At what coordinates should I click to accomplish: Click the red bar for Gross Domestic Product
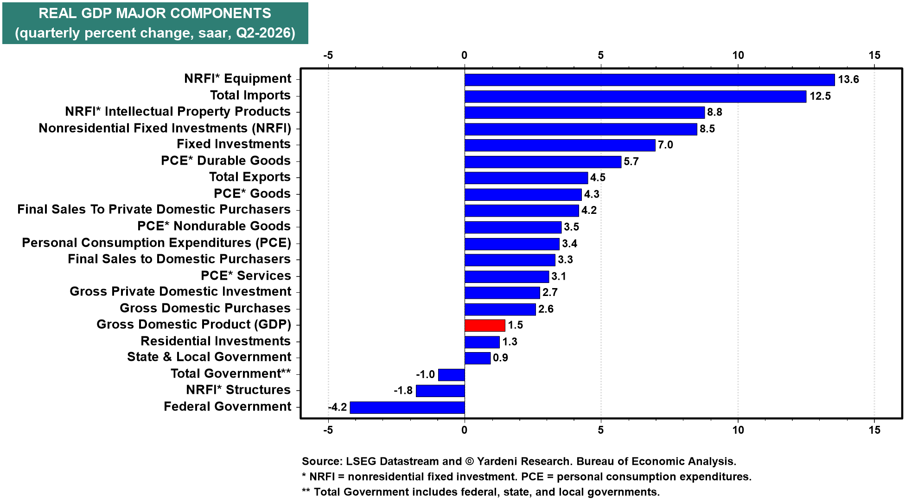[x=485, y=325]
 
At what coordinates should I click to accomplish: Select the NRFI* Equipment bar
[x=650, y=80]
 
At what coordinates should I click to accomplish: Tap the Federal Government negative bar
[x=407, y=407]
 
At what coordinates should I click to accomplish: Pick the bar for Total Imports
[x=636, y=96]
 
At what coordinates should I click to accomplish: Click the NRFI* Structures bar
[x=440, y=391]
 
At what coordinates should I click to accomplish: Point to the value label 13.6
[x=848, y=79]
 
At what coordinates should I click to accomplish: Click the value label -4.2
[x=338, y=407]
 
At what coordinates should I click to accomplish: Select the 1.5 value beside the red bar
[x=515, y=325]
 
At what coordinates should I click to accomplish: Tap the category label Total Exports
[x=250, y=177]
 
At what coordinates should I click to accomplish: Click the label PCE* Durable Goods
[x=226, y=161]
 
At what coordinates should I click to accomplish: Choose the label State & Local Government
[x=209, y=357]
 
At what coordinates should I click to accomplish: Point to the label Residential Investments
[x=216, y=341]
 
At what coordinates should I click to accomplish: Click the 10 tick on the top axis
[x=738, y=55]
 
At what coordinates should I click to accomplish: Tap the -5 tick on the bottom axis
[x=328, y=430]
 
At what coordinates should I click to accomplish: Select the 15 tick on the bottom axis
[x=874, y=430]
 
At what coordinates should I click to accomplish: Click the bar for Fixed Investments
[x=560, y=145]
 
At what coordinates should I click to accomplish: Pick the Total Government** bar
[x=451, y=374]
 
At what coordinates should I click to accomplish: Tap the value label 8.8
[x=714, y=112]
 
